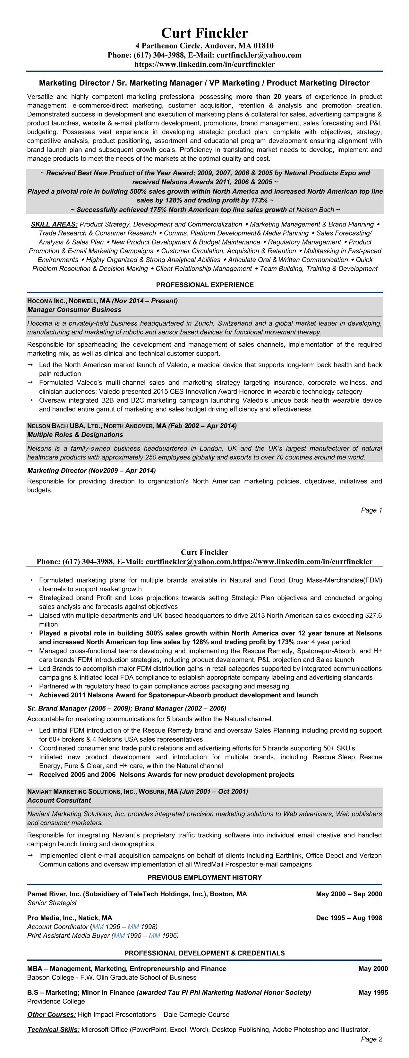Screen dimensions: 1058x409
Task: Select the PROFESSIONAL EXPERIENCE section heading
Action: pos(205,285)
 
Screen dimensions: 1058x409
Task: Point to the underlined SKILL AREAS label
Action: pos(54,224)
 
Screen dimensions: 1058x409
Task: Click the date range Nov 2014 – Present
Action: pos(145,301)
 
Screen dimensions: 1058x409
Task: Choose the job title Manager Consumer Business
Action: pos(74,310)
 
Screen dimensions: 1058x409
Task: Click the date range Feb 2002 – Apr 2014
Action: pos(202,425)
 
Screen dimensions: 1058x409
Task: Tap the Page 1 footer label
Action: pos(371,510)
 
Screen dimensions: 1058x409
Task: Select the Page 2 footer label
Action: pos(371,1047)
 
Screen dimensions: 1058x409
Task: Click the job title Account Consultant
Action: pos(59,800)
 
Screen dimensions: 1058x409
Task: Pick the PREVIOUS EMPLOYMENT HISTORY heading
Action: pos(205,877)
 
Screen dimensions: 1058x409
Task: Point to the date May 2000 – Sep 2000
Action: pos(349,894)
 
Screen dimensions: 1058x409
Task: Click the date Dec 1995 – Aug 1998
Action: pos(349,917)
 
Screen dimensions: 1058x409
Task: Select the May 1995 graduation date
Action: pos(372,992)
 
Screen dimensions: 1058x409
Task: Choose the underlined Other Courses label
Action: pos(51,1014)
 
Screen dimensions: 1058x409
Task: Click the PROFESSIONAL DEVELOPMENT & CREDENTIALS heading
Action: pos(205,953)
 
